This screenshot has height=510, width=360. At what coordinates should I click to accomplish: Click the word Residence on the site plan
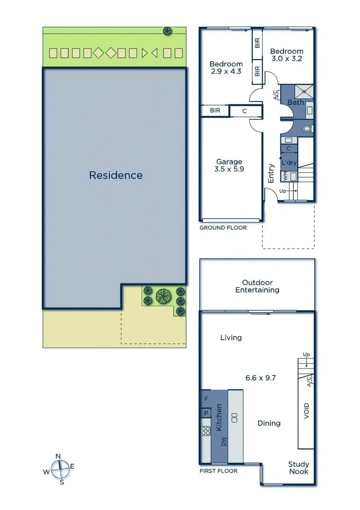tap(116, 175)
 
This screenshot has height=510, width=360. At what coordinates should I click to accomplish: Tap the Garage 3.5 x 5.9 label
tap(229, 165)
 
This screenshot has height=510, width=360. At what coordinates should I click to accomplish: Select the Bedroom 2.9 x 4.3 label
tap(226, 68)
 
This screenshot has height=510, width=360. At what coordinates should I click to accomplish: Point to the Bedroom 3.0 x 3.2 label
tap(286, 55)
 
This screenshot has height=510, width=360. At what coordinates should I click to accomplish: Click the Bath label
tap(296, 102)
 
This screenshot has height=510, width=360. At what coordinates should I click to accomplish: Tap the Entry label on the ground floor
tap(271, 173)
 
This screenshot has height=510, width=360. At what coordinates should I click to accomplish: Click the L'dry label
tap(289, 163)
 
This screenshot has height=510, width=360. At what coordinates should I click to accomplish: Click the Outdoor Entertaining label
tap(257, 286)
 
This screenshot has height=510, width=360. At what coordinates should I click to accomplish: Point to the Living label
tap(231, 337)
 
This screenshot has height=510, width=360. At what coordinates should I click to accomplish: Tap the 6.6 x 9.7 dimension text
tap(257, 378)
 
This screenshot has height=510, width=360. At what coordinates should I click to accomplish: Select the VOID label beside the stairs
tap(307, 411)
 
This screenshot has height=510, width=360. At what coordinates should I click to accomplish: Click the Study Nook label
tap(298, 467)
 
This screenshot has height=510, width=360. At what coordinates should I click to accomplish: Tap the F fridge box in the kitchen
tap(206, 399)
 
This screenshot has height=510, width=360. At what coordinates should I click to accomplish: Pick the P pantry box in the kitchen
tap(206, 413)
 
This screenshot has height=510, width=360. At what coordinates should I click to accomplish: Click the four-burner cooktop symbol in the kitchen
tap(206, 430)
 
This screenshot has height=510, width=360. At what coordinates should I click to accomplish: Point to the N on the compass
tap(58, 456)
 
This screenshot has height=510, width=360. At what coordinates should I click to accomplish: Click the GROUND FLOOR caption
tap(223, 228)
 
